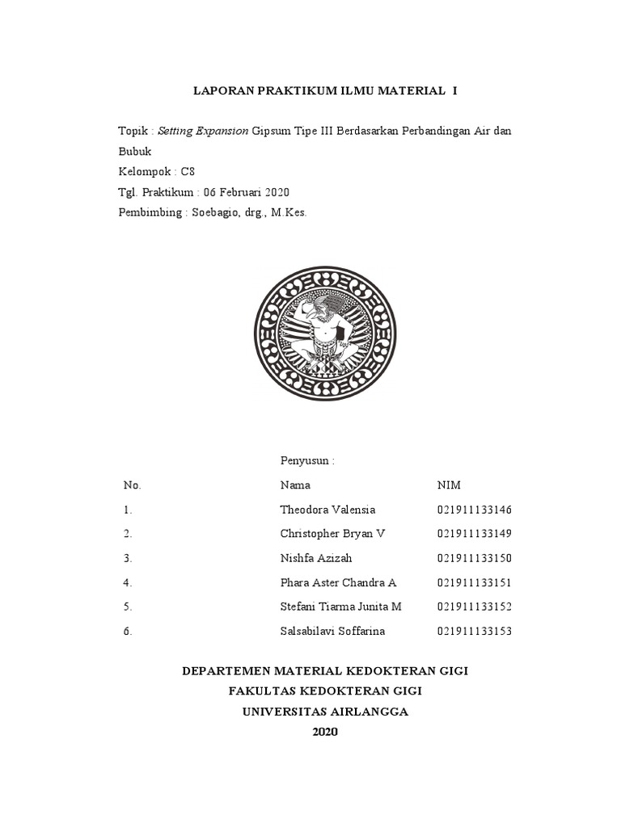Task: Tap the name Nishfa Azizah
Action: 316,558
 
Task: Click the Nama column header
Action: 295,485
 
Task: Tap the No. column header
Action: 132,485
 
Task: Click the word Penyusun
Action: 305,461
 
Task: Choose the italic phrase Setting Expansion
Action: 203,130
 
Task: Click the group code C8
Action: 188,171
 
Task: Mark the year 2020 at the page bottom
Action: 325,732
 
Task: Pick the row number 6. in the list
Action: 128,631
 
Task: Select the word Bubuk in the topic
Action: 134,151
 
